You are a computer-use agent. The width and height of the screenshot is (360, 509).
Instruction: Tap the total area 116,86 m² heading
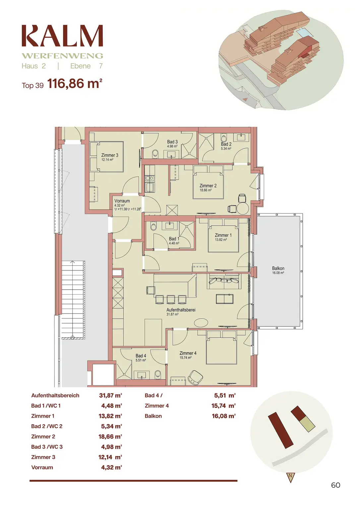coord(75,84)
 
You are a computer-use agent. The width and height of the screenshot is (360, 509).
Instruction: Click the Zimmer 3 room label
coord(109,155)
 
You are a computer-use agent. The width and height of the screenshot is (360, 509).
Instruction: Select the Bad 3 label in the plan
coord(172,142)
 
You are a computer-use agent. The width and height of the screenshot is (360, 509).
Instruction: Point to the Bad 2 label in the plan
coord(226,144)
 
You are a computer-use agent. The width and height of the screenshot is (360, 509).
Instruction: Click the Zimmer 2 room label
coord(208,186)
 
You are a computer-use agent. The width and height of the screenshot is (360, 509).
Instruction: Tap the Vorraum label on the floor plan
coord(122,201)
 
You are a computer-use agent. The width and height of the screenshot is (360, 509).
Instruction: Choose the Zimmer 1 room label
coord(223,235)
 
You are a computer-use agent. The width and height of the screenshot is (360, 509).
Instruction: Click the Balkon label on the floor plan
coord(278,268)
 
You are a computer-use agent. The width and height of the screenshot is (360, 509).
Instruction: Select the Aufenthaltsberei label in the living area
coord(181,310)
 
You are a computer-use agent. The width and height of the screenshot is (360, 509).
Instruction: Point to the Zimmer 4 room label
coord(188,353)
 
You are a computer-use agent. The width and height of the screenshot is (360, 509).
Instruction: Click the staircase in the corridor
coord(73,300)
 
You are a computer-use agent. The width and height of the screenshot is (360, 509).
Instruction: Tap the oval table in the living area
coord(201,322)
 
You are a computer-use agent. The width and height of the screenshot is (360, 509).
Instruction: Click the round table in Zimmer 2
coord(243,208)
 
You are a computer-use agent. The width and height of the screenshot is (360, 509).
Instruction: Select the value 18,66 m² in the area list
coord(110,437)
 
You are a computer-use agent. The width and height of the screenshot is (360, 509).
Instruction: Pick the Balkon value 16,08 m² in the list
coord(223,416)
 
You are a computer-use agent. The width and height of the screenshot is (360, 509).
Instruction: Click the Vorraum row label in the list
coord(42,468)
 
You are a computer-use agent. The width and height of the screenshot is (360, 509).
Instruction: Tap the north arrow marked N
coord(290,477)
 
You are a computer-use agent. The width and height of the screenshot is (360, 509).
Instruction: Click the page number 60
coord(335,485)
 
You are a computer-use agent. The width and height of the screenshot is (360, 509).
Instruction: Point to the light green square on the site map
coord(307,424)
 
